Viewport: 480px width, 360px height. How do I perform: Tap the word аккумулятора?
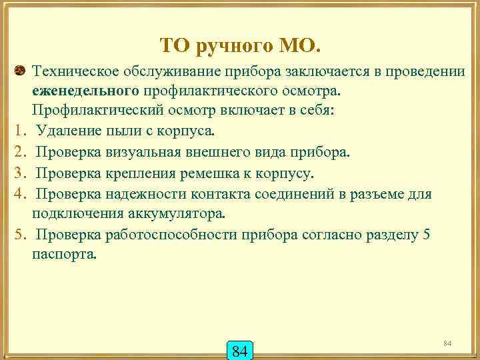coord(175,214)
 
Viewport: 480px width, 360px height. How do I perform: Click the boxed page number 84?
coord(240,349)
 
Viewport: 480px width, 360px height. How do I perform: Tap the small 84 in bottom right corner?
coord(447,342)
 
